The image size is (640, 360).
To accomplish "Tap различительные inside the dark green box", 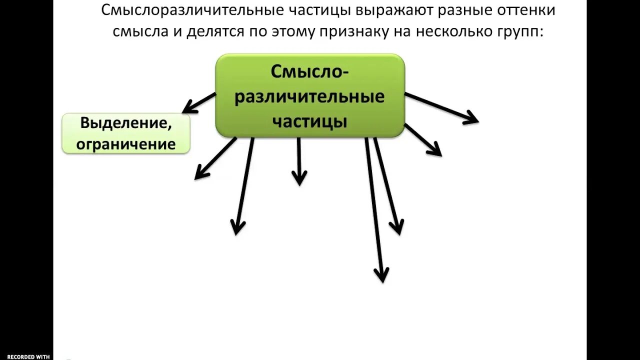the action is (309, 96).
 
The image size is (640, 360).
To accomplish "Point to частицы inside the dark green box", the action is (309, 121).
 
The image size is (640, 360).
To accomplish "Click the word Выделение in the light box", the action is (126, 123).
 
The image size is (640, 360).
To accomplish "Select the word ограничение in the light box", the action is (126, 144).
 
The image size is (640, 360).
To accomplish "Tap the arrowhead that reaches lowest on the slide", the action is (381, 275).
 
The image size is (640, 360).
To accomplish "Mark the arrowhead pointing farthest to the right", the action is (472, 119).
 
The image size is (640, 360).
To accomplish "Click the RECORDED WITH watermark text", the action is (28, 356).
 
